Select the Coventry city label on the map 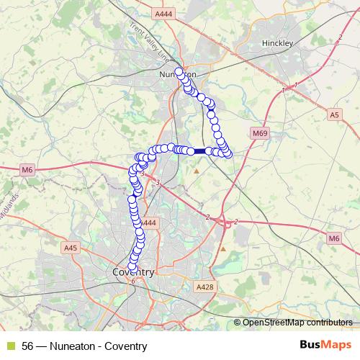click(133, 272)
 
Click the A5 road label click(333, 114)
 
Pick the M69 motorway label click(260, 133)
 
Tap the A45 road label click(70, 248)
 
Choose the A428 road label click(205, 287)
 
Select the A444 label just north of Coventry click(149, 224)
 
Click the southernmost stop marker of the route click(132, 268)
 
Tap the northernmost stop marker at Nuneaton click(179, 72)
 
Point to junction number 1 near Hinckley click(295, 86)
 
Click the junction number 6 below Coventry click(133, 282)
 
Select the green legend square click(11, 346)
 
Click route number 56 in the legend click(28, 346)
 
